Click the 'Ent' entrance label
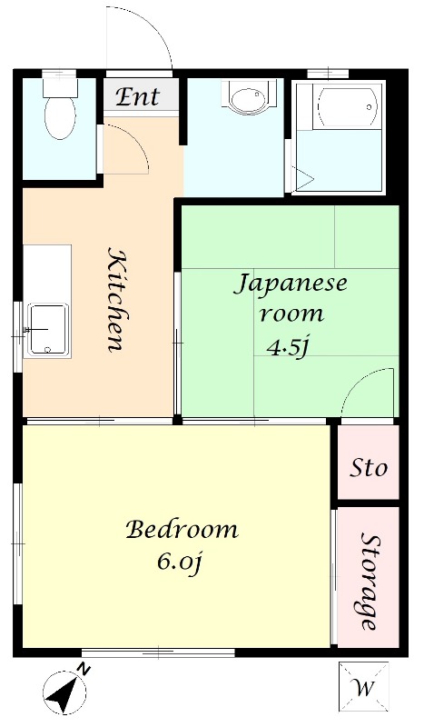[137, 96]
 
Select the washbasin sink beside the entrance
[245, 97]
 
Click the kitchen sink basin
[47, 330]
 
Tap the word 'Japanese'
[291, 284]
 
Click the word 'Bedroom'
[182, 529]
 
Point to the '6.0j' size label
[180, 563]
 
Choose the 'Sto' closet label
[368, 467]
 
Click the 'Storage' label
[370, 582]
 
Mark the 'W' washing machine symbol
[363, 685]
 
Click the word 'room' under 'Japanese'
[291, 314]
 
